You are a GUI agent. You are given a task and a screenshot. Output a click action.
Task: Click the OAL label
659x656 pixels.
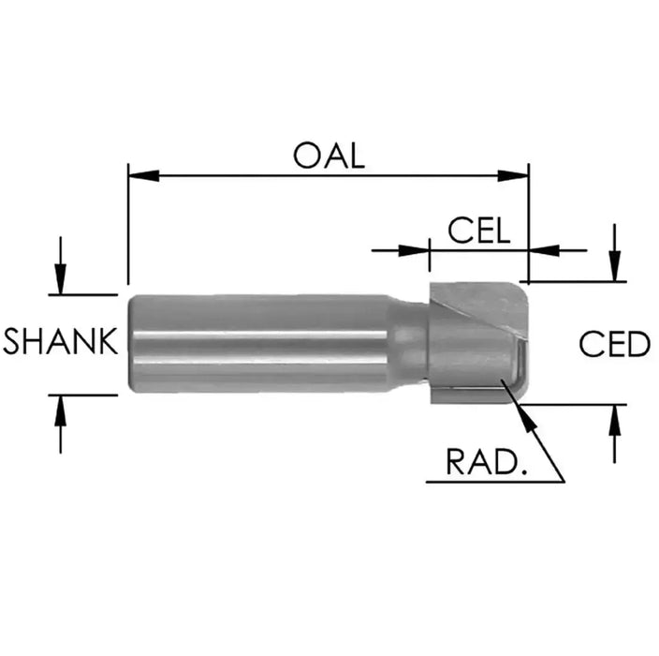click(328, 155)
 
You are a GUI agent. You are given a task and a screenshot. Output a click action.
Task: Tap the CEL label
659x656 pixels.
click(478, 231)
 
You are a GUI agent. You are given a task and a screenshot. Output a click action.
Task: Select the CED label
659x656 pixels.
click(614, 344)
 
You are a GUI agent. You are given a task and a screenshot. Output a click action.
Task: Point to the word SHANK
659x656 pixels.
click(61, 342)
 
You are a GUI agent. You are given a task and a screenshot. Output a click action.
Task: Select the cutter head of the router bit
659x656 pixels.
click(473, 342)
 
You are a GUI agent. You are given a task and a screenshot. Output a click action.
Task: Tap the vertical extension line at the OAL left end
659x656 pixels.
click(127, 225)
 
